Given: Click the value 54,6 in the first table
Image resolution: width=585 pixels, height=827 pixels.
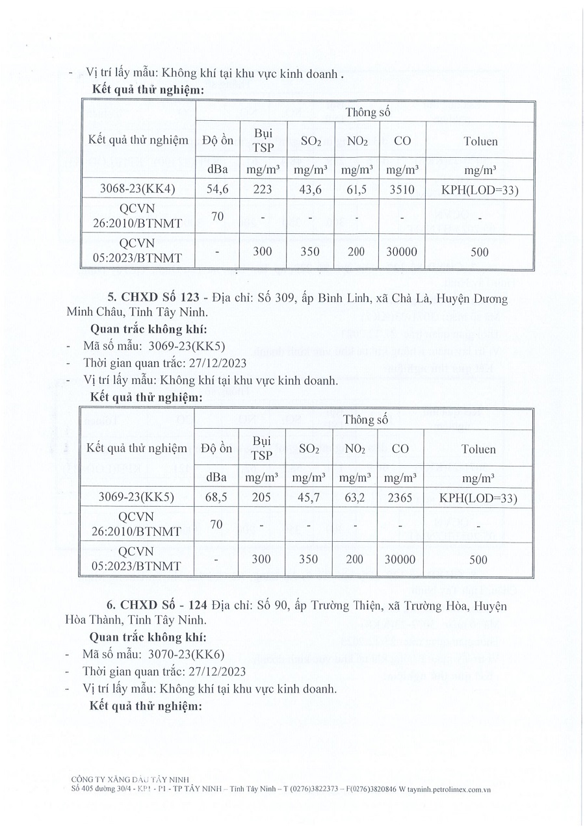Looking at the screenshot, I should tap(217, 189).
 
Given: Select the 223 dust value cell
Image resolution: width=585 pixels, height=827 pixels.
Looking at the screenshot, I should tap(263, 189).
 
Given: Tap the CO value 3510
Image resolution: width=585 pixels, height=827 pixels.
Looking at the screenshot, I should tap(403, 189).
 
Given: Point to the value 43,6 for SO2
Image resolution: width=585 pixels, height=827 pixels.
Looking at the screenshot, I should tap(310, 189).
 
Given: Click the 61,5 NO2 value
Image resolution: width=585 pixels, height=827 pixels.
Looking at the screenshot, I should tap(357, 189).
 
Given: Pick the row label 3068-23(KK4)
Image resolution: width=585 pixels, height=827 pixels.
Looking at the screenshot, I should tap(138, 189).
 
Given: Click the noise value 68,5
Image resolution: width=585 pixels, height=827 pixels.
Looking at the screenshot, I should tap(216, 498).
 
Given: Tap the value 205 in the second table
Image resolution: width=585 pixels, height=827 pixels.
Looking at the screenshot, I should tap(262, 498).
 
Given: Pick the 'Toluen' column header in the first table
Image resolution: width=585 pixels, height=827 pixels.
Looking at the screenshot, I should tap(480, 141).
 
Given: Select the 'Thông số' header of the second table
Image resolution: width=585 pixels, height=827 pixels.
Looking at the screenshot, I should tap(367, 420).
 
